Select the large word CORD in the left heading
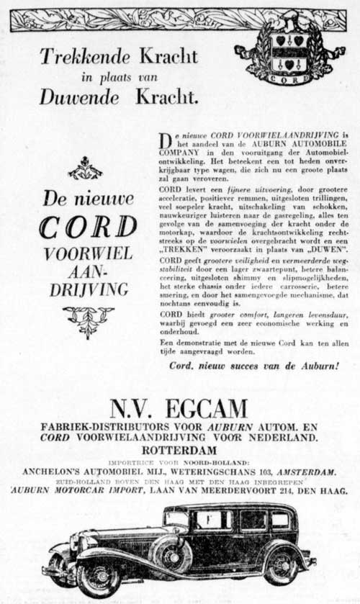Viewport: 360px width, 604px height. point(88,227)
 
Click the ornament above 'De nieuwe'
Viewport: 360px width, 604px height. point(85,169)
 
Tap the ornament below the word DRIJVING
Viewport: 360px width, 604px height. point(88,321)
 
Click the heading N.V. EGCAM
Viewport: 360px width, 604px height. point(179,408)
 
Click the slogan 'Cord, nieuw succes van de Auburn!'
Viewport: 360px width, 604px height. point(253,366)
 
